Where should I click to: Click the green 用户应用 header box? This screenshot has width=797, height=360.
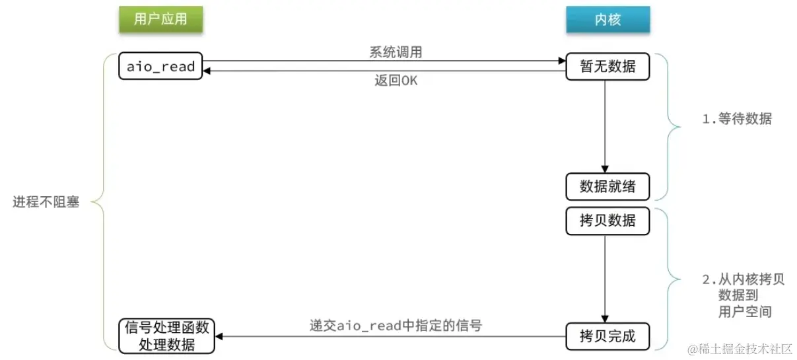tap(160, 19)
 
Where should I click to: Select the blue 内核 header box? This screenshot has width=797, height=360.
tap(607, 19)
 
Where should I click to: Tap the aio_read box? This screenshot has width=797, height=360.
tap(160, 67)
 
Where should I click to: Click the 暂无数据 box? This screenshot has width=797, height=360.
tap(607, 67)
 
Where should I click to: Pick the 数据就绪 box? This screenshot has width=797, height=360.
tap(607, 186)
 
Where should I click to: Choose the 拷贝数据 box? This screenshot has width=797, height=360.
tap(607, 221)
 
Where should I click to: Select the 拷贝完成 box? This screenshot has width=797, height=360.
tap(607, 336)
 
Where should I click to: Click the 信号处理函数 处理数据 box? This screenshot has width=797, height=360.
tap(166, 336)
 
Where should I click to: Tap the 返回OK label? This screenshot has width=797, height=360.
tap(396, 81)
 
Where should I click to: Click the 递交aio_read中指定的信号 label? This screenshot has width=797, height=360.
tap(396, 325)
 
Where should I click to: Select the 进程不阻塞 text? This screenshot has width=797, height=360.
tap(46, 202)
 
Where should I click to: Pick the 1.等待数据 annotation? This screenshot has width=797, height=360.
tap(736, 120)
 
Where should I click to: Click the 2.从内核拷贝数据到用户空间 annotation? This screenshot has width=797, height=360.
tap(742, 295)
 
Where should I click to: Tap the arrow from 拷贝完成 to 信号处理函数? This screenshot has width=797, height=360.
tap(390, 337)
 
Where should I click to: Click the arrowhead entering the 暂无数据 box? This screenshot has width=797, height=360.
tap(561, 61)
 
